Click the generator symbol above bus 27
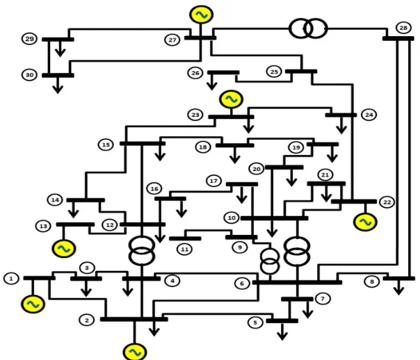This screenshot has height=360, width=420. tap(202, 15)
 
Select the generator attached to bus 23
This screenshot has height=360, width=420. tap(231, 99)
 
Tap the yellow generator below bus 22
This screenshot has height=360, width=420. tap(365, 222)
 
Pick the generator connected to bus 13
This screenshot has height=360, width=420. tap(64, 249)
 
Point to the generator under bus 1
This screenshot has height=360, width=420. tap(33, 304)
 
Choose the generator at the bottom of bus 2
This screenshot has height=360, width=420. tap(135, 352)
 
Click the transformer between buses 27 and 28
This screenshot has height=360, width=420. tap(308, 28)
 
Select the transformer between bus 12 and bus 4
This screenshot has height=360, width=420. tap(142, 250)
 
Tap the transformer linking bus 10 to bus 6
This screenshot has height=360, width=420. tap(297, 252)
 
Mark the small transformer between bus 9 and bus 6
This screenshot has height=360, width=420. tap(270, 261)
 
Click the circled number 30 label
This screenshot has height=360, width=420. tap(29, 74)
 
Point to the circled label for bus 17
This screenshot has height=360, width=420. tap(213, 181)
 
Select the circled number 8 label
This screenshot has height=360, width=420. tap(372, 281)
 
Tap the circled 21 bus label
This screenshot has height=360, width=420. tap(325, 174)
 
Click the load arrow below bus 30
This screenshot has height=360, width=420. tap(58, 85)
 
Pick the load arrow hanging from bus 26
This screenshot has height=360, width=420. tap(212, 82)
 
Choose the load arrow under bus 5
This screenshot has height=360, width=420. tap(282, 332)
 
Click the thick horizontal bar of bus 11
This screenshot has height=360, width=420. tap(185, 238)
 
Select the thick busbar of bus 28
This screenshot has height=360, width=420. tap(398, 39)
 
